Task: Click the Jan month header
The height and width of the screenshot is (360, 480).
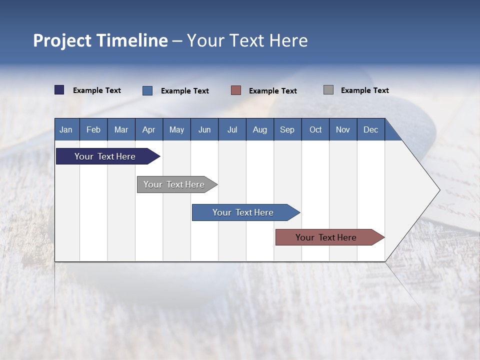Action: click(x=66, y=129)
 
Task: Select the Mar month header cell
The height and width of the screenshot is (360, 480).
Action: click(x=121, y=129)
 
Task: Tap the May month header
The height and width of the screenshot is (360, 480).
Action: click(x=176, y=129)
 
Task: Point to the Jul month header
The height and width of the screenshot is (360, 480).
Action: click(x=232, y=129)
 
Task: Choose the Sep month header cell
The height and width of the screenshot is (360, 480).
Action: click(x=287, y=129)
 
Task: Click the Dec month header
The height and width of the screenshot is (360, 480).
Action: click(x=370, y=129)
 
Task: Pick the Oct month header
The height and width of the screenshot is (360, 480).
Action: click(x=315, y=129)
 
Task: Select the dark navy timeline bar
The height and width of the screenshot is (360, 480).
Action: click(x=105, y=156)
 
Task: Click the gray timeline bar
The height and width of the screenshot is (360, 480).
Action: click(x=174, y=184)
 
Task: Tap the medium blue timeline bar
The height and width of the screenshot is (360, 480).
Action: click(x=243, y=212)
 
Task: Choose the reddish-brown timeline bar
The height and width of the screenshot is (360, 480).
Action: click(x=326, y=237)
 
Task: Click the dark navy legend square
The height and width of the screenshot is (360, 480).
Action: click(x=59, y=90)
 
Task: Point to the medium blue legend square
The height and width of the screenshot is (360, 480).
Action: click(x=147, y=90)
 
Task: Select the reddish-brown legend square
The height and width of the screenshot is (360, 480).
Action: click(x=236, y=90)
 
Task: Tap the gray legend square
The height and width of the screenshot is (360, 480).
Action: click(x=328, y=90)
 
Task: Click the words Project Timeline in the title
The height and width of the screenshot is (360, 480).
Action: click(x=100, y=40)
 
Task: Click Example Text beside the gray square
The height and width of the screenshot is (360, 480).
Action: click(x=364, y=90)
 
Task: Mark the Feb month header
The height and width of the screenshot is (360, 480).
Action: click(x=93, y=129)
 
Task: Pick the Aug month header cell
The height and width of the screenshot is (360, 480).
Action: click(x=260, y=129)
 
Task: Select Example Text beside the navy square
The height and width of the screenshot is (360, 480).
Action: click(x=97, y=90)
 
